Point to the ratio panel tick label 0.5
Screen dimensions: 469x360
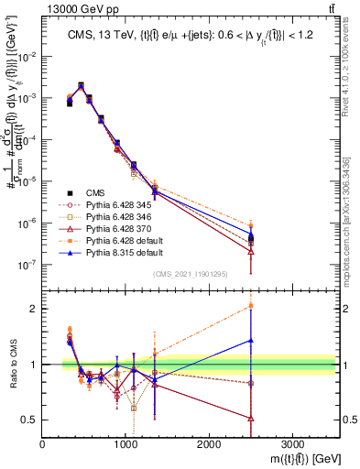[x=29, y=420]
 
